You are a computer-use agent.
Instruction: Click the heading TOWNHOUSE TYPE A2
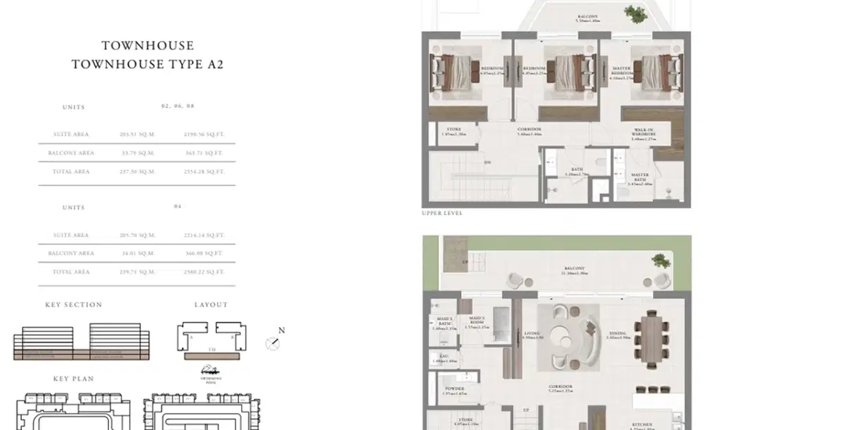[x=147, y=64]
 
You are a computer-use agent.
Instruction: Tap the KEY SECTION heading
[x=73, y=305]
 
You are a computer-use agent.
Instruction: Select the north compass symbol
[x=274, y=343]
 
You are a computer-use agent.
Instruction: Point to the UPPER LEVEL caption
[x=442, y=213]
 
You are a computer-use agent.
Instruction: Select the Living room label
[x=532, y=335]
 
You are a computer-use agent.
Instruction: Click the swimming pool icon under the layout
[x=209, y=370]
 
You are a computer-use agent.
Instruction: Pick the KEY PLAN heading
[x=73, y=379]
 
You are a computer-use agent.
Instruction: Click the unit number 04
[x=178, y=207]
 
